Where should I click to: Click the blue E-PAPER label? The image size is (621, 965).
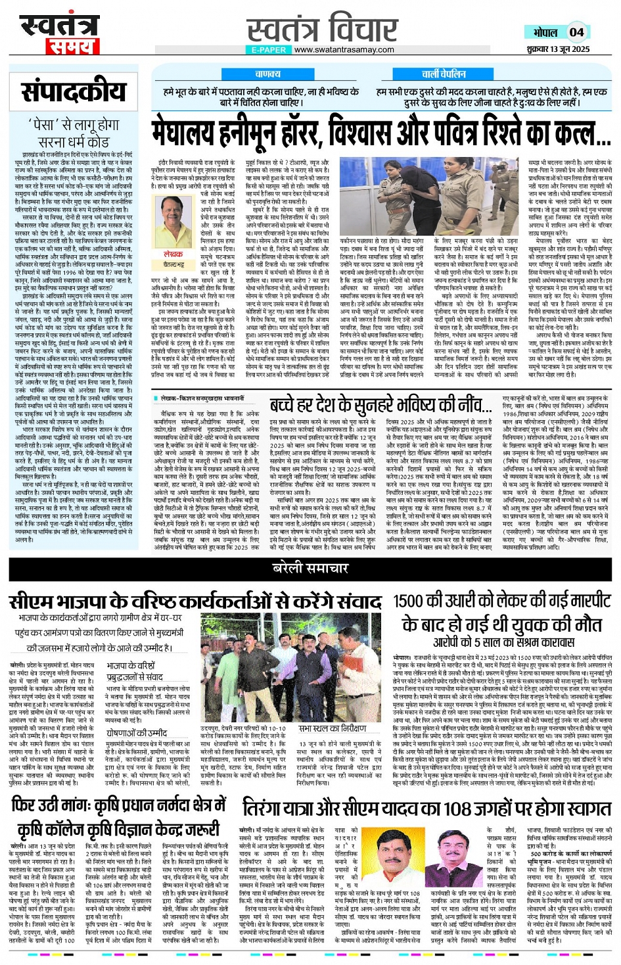coord(269,49)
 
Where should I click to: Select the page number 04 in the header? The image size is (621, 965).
coord(576,32)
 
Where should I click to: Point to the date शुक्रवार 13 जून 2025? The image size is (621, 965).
coord(558,49)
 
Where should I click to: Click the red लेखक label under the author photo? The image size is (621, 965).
coord(173,254)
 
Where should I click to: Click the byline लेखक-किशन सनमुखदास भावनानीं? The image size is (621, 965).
coord(201,398)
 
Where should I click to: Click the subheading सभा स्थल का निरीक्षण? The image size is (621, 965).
coord(332,728)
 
